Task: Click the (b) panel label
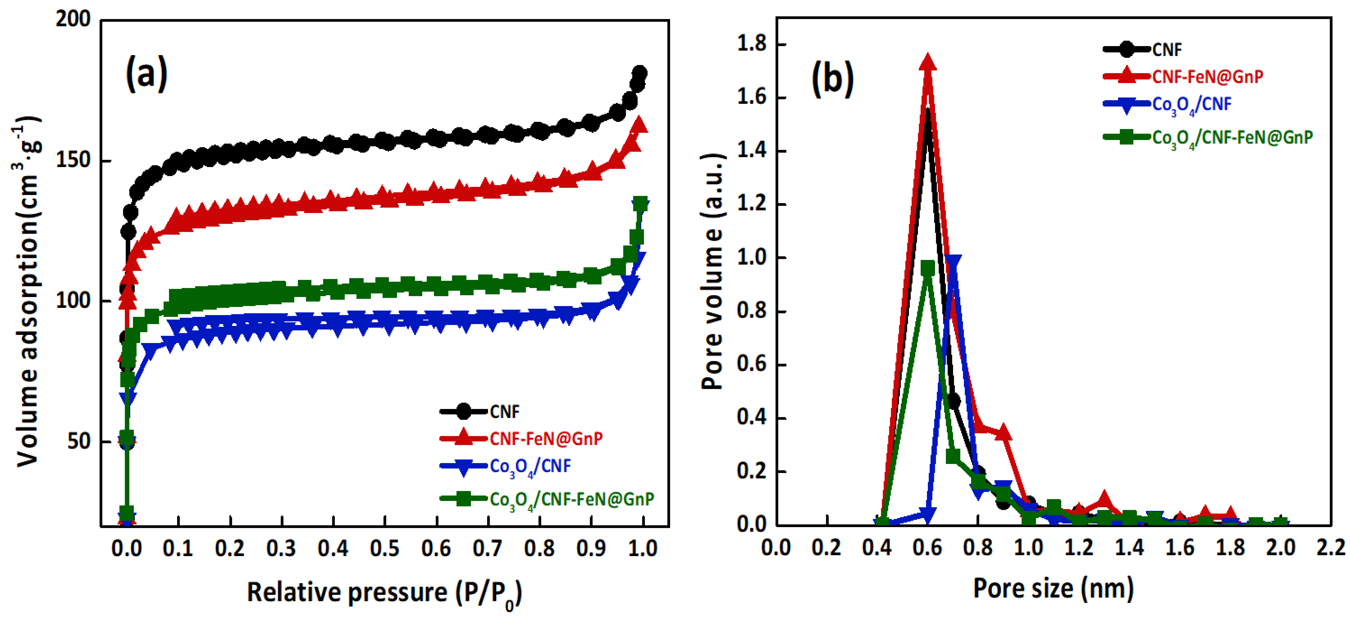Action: point(832,79)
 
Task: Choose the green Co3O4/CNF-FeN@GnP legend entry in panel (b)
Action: point(1232,137)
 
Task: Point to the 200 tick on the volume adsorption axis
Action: point(73,19)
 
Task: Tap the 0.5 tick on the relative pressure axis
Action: point(385,548)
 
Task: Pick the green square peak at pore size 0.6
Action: point(928,268)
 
